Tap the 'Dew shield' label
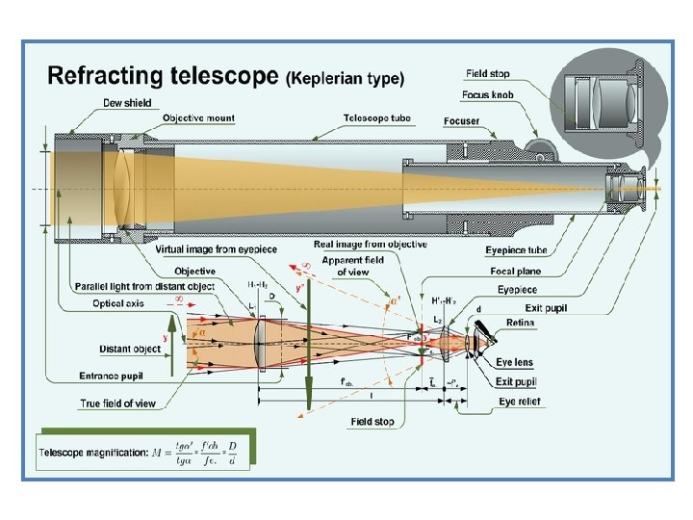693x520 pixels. click(x=127, y=103)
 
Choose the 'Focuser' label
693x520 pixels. click(x=462, y=121)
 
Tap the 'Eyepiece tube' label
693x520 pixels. click(x=517, y=250)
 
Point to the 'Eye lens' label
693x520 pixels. click(x=515, y=362)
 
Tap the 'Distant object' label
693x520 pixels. click(x=129, y=349)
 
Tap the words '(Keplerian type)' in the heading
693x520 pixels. click(x=346, y=77)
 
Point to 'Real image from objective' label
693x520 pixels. click(x=371, y=245)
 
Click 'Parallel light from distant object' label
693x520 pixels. click(x=144, y=286)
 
